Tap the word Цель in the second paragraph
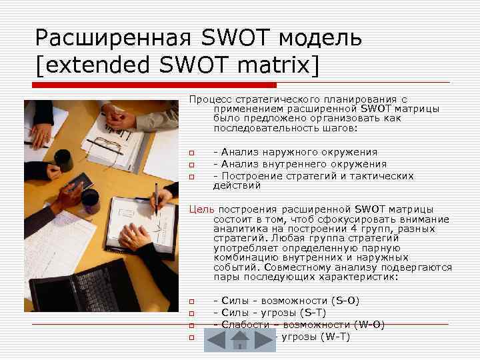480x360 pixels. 201,209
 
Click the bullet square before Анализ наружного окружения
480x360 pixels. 191,152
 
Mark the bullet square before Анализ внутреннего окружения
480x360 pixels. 191,164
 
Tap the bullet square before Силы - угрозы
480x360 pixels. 191,313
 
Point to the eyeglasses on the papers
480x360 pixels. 107,143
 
